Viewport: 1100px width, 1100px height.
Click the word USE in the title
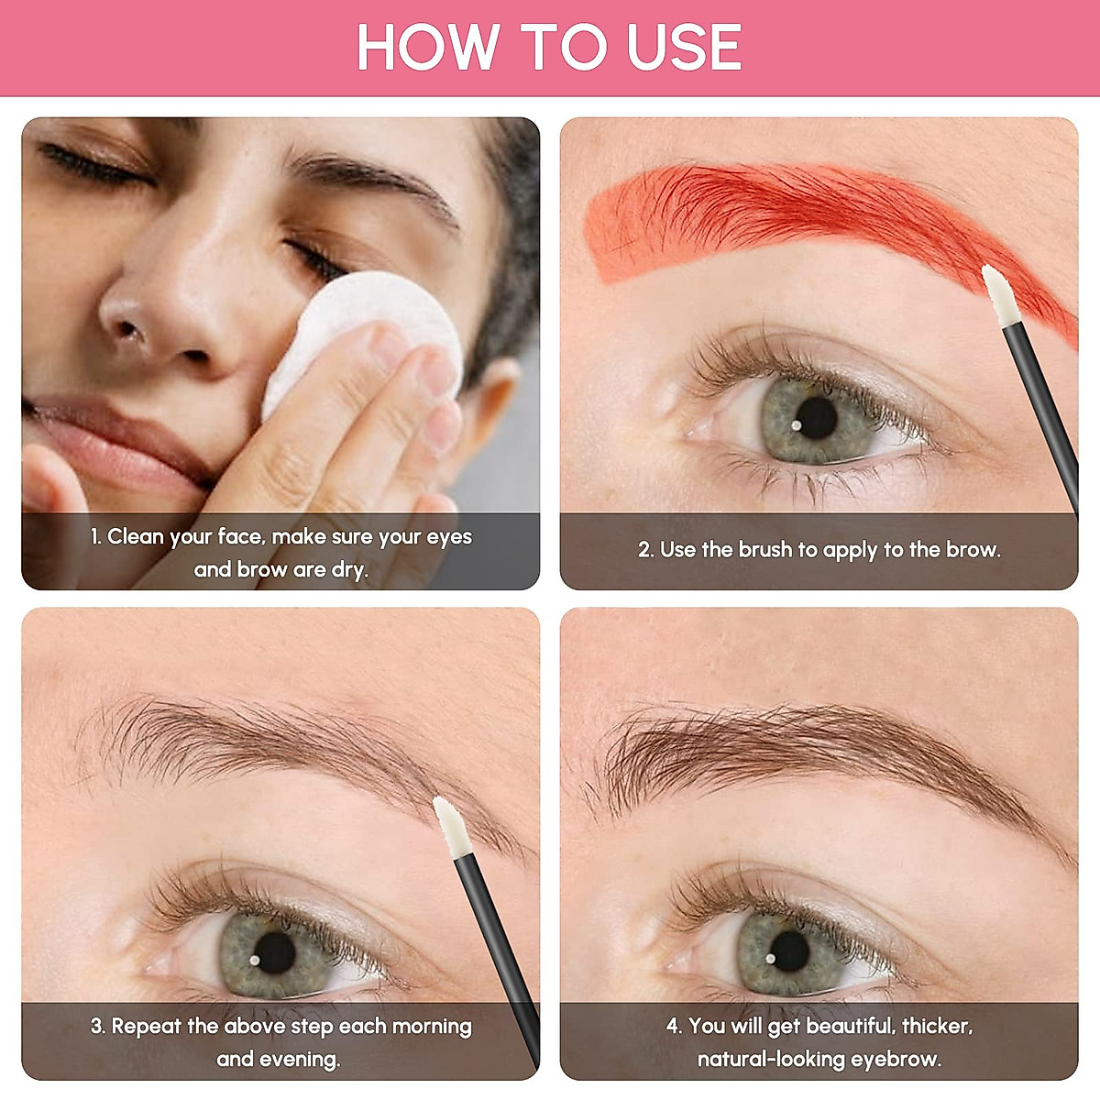(684, 48)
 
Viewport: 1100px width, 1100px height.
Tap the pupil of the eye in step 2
(815, 418)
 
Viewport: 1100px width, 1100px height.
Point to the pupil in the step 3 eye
(275, 953)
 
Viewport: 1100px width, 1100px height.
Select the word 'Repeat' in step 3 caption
(146, 1026)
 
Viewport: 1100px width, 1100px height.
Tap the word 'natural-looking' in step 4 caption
(771, 1060)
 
